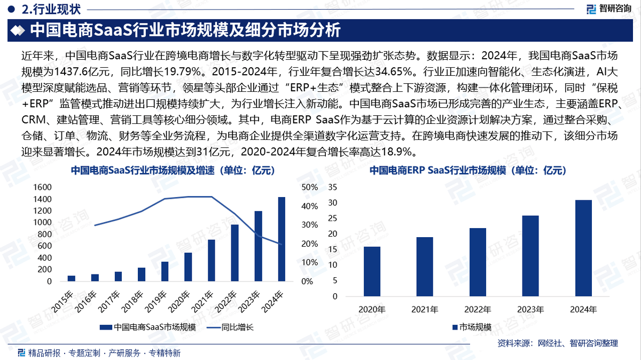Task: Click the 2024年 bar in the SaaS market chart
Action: [x=282, y=239]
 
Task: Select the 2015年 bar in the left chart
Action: [x=71, y=278]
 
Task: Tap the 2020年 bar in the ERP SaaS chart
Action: [x=372, y=271]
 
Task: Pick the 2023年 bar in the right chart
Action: [x=530, y=256]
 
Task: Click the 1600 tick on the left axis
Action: [x=43, y=187]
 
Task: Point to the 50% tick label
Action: [x=310, y=187]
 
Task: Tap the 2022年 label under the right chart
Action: [x=478, y=309]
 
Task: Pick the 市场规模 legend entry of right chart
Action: [x=472, y=327]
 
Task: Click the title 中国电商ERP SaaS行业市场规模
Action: [x=467, y=171]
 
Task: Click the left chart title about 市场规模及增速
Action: [x=173, y=171]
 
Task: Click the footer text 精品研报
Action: [x=44, y=353]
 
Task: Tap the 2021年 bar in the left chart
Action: [x=212, y=261]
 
